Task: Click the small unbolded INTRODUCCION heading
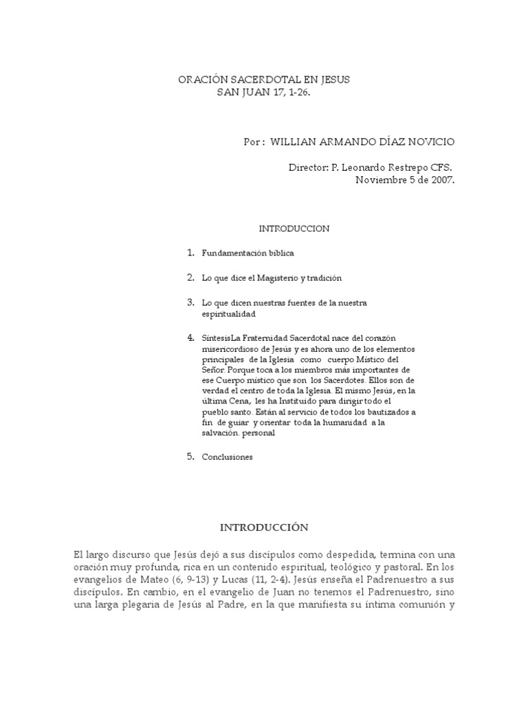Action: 294,227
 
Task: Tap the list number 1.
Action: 190,253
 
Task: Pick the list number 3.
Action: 190,302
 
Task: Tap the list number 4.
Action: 190,337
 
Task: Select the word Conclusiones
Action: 227,456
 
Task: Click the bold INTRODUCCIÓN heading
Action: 261,527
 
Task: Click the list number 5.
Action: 190,456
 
